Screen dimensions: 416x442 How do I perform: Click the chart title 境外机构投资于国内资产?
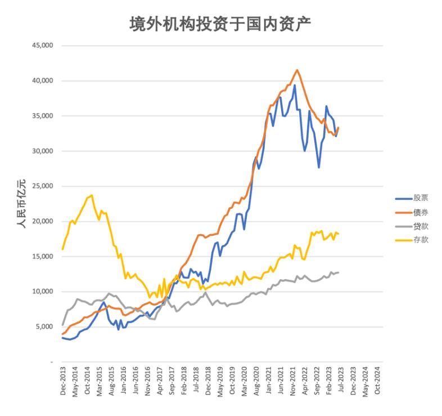pyautogui.click(x=220, y=24)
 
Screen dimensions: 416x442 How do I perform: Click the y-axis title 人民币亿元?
pyautogui.click(x=21, y=203)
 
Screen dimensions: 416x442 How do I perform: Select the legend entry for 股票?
pyautogui.click(x=421, y=198)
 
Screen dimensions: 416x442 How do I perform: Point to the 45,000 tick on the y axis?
pyautogui.click(x=43, y=46)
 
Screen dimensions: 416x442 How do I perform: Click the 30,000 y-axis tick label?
pyautogui.click(x=43, y=151)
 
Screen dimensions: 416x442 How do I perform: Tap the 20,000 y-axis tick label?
pyautogui.click(x=43, y=221)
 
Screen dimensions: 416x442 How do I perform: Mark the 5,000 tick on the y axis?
pyautogui.click(x=44, y=326)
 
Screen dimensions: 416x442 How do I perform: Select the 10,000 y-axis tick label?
pyautogui.click(x=43, y=292)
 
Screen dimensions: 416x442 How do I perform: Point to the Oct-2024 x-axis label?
pyautogui.click(x=377, y=383)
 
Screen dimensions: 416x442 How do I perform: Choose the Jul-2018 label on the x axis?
pyautogui.click(x=196, y=383)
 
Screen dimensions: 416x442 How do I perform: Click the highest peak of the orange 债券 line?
pyautogui.click(x=297, y=70)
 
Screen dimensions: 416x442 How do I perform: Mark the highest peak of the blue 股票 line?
pyautogui.click(x=295, y=86)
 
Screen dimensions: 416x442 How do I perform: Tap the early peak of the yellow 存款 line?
pyautogui.click(x=92, y=195)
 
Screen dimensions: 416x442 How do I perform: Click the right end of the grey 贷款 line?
pyautogui.click(x=338, y=272)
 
